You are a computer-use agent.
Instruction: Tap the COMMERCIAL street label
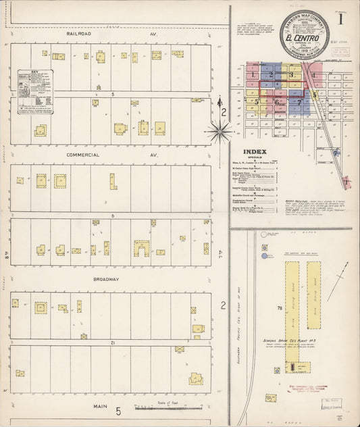[x=83, y=155]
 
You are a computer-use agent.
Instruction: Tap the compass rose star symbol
[x=220, y=131]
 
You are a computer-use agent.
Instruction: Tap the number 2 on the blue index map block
[x=271, y=75]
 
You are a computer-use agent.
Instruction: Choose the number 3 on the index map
[x=291, y=74]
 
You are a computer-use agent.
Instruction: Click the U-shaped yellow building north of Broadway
[x=141, y=249]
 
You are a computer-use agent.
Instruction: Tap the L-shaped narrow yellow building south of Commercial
[x=113, y=181]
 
